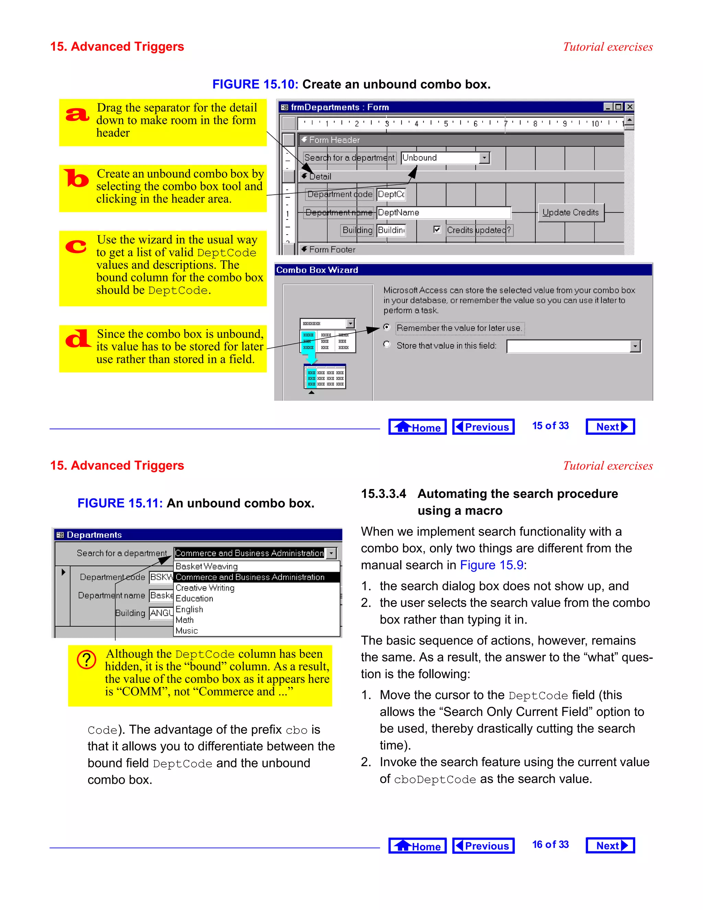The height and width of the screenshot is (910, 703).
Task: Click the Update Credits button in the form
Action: (571, 213)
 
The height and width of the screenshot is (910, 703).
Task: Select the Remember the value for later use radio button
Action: (387, 328)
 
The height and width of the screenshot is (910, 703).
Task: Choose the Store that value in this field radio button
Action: (387, 344)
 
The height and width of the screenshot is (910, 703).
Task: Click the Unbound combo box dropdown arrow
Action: (484, 158)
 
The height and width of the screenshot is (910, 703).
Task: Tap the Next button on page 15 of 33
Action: (610, 426)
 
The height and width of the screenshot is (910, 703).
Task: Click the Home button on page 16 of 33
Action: (417, 846)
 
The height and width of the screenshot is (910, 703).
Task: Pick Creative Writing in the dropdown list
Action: (205, 588)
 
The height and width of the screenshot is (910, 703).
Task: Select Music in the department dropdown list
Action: (187, 630)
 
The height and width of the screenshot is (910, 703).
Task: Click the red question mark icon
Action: (87, 660)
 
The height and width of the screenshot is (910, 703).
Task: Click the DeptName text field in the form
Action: (443, 213)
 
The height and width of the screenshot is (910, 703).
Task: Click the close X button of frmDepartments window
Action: (630, 107)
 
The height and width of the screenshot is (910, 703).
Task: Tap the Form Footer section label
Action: (332, 250)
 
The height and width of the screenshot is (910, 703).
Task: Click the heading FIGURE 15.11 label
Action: (120, 503)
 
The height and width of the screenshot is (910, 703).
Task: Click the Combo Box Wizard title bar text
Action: (317, 270)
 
